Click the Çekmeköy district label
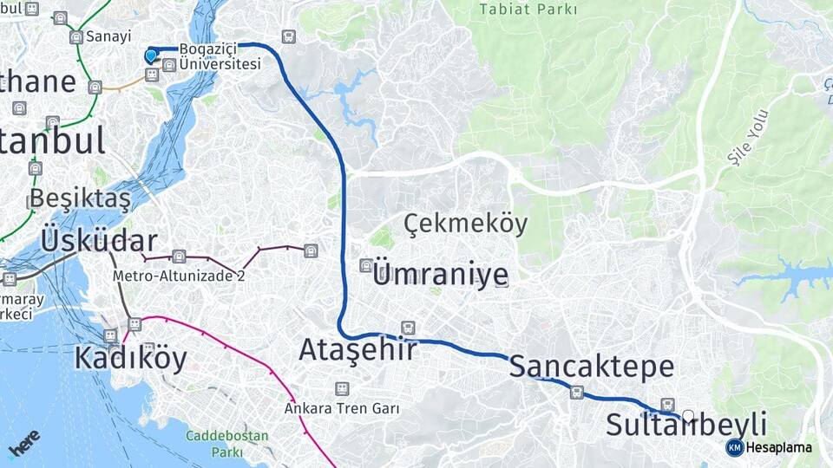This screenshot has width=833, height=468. (465, 224)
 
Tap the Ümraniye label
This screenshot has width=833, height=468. (440, 275)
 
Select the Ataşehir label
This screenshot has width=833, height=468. (357, 349)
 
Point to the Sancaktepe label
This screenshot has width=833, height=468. (591, 366)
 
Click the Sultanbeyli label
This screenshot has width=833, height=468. (685, 426)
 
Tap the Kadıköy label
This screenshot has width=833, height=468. (130, 357)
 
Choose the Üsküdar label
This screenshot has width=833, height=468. (99, 241)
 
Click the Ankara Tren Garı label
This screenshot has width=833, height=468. (342, 407)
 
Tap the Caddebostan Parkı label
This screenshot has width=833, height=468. (226, 444)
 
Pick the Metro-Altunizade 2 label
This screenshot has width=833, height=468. (179, 276)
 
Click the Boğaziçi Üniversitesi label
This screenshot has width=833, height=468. (220, 57)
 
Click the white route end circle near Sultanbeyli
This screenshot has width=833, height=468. (688, 416)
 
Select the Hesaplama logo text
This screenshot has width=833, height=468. (777, 447)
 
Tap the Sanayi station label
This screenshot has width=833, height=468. (113, 36)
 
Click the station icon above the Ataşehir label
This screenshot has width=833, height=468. (408, 328)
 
